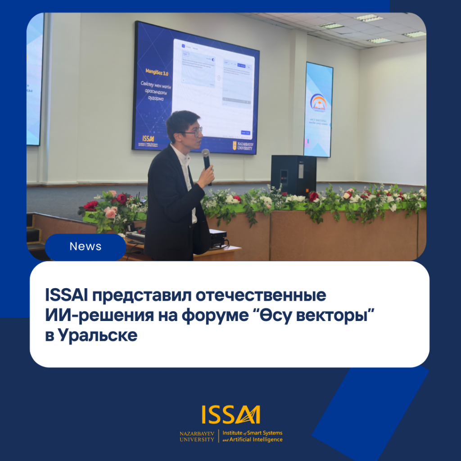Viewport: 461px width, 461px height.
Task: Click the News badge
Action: click(86, 247)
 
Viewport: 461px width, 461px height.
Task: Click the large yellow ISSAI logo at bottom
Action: click(231, 415)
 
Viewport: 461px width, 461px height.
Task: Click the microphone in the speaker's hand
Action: click(206, 160)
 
